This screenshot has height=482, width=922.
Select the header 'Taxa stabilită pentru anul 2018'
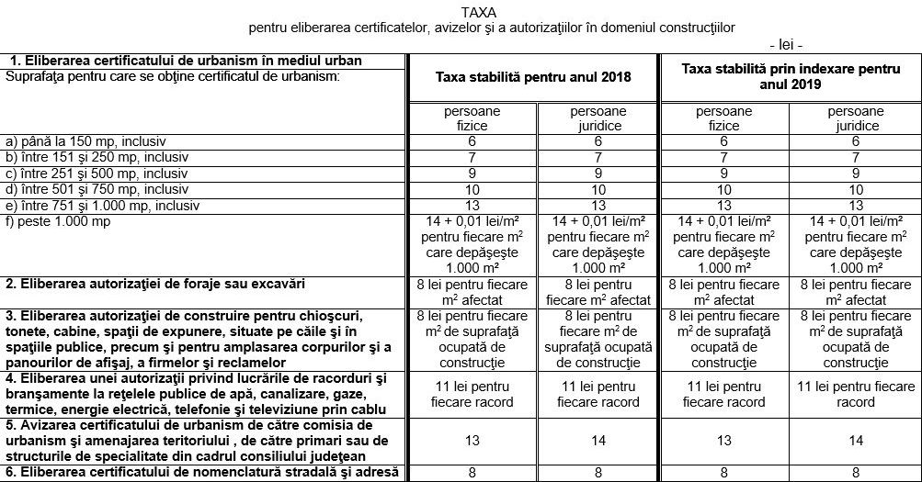532,77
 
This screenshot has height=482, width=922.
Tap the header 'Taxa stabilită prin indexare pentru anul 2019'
790,76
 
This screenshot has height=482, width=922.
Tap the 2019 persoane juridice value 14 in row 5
856,441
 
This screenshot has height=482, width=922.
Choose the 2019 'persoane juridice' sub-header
856,118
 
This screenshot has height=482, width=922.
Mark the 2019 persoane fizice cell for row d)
723,188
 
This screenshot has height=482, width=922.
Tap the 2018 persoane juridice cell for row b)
598,157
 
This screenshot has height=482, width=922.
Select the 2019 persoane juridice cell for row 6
856,473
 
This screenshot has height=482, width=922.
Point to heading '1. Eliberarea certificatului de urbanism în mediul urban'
185,61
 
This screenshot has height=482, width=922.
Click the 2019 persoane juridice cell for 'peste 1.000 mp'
856,244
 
